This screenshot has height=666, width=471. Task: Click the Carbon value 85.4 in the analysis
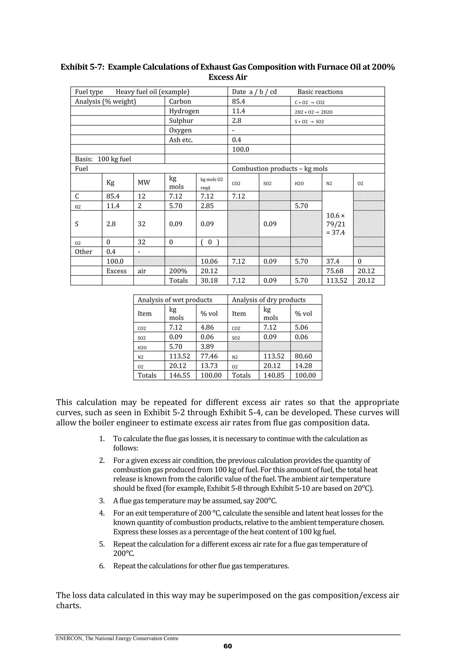(x=238, y=102)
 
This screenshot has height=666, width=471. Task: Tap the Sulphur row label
(x=181, y=121)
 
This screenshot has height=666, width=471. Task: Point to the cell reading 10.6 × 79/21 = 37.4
(x=336, y=224)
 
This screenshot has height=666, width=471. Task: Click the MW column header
(x=144, y=183)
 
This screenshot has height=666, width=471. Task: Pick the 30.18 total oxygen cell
(x=209, y=280)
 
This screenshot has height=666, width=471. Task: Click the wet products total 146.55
(x=179, y=375)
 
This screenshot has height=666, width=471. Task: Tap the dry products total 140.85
(x=274, y=375)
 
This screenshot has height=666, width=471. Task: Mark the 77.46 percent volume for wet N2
(x=209, y=356)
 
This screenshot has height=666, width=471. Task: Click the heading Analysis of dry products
(x=268, y=300)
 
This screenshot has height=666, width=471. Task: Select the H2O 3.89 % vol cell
(x=207, y=347)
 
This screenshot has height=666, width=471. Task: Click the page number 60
(x=228, y=646)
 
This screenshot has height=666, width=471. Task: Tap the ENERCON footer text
(x=117, y=638)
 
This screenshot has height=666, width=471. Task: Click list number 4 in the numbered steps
(x=102, y=513)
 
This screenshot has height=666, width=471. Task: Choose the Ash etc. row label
(x=181, y=140)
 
